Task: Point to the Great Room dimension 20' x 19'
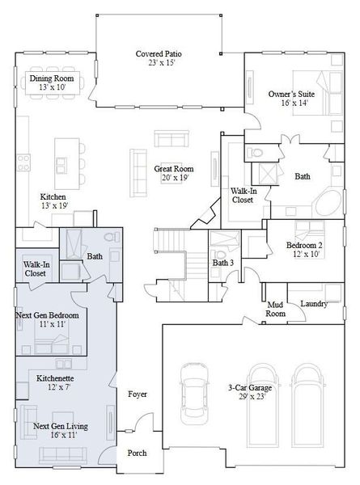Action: click(174, 178)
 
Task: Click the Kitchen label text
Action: click(53, 196)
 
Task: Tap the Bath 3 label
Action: click(224, 263)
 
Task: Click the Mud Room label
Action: click(277, 308)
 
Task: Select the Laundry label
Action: click(313, 303)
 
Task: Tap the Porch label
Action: click(138, 453)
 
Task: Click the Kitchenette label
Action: click(54, 383)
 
